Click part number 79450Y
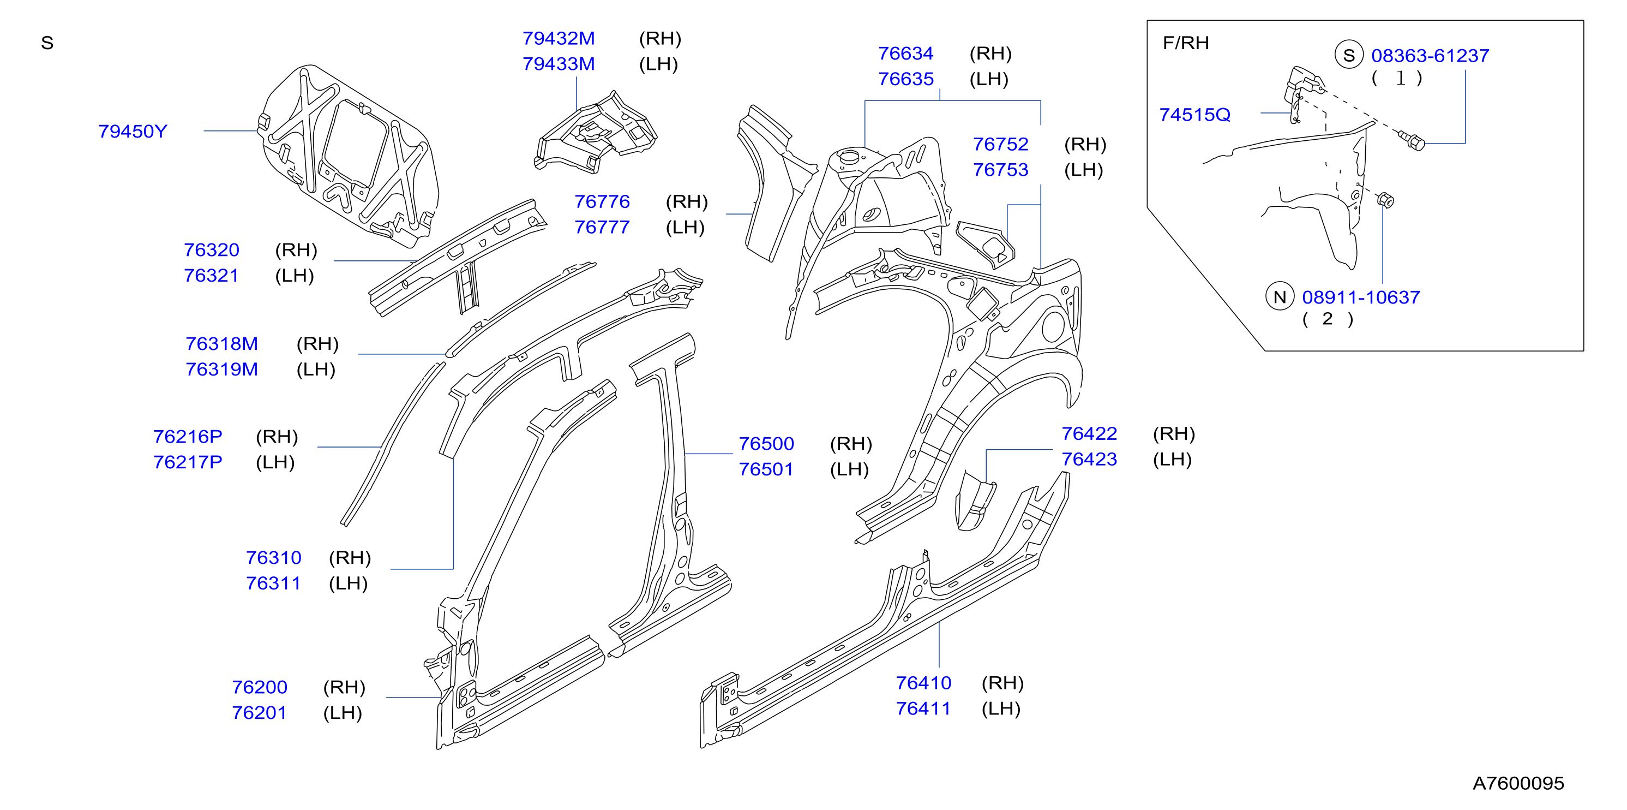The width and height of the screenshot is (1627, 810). (x=133, y=132)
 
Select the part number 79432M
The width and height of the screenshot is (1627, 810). (x=559, y=39)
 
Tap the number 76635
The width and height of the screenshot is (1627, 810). (x=906, y=79)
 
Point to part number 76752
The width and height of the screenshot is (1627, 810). (x=1000, y=144)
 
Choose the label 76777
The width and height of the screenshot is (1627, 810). (x=602, y=227)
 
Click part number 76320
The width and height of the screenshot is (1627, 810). (x=212, y=249)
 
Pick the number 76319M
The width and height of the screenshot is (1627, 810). (x=221, y=369)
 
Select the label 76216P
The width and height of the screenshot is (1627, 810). (x=188, y=437)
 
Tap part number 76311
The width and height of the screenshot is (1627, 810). (x=273, y=583)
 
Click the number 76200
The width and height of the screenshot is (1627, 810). (x=260, y=687)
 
